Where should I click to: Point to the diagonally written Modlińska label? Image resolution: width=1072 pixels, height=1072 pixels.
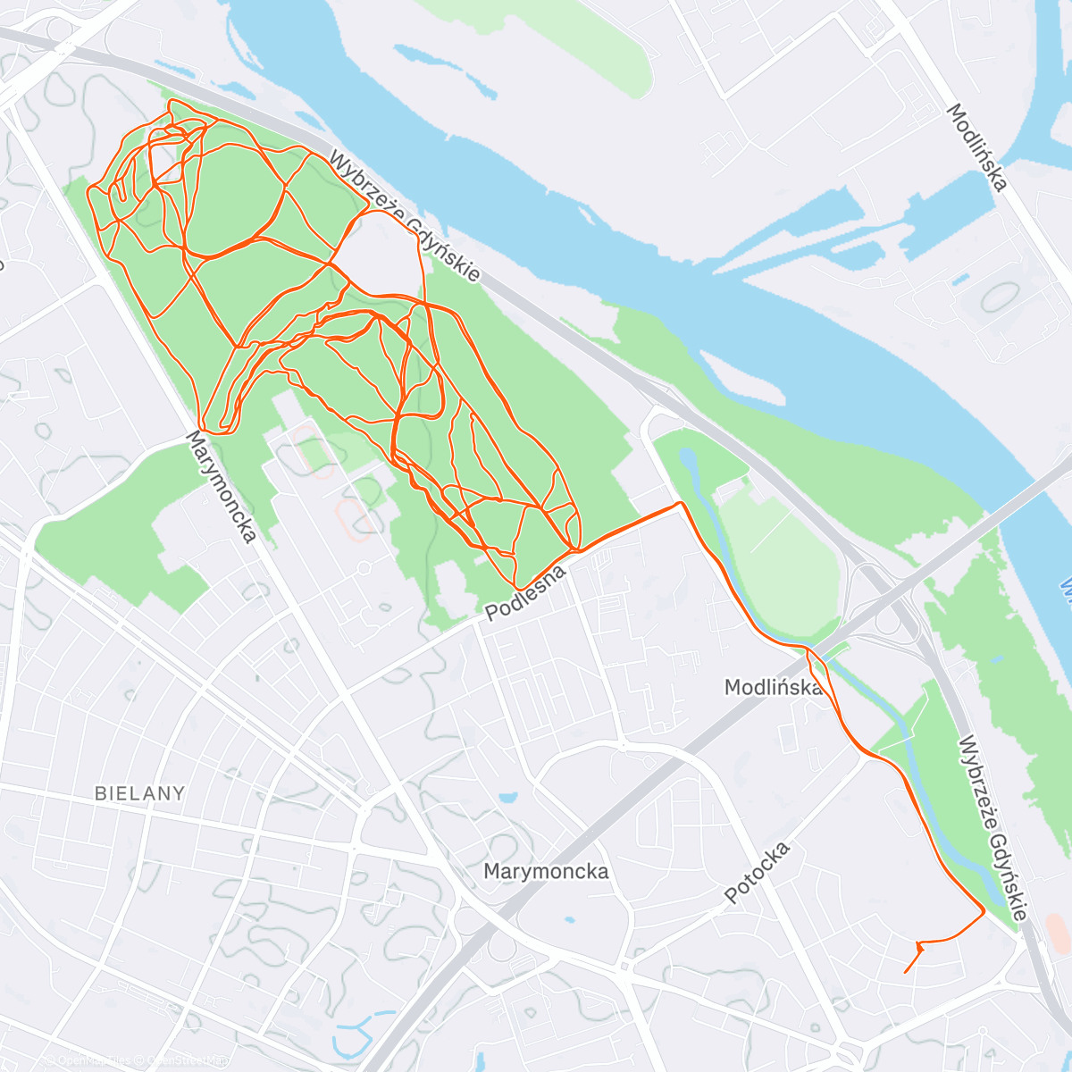977,147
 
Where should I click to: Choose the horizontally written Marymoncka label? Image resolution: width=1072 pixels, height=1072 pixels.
546,871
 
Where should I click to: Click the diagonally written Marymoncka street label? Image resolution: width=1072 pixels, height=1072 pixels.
221,487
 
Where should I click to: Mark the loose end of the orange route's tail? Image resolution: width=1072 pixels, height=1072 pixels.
905,972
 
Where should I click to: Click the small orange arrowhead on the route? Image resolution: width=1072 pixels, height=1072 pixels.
919,944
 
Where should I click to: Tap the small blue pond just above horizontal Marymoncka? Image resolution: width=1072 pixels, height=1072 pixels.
508,797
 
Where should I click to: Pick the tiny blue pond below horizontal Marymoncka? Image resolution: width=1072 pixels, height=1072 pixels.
568,920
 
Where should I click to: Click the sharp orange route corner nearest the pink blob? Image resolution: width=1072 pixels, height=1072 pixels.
984,911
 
